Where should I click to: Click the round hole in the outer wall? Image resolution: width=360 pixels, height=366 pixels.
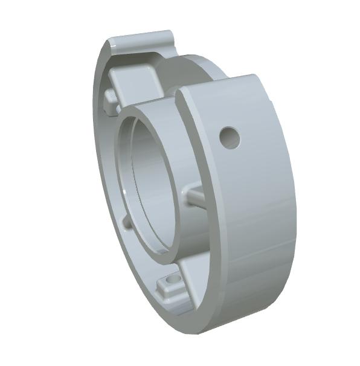pos(230,138)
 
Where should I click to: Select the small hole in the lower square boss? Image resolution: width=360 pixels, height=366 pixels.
pos(173,280)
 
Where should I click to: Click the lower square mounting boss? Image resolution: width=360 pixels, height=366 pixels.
pos(169,284)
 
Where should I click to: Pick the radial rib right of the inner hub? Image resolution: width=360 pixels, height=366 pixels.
pos(196,197)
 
